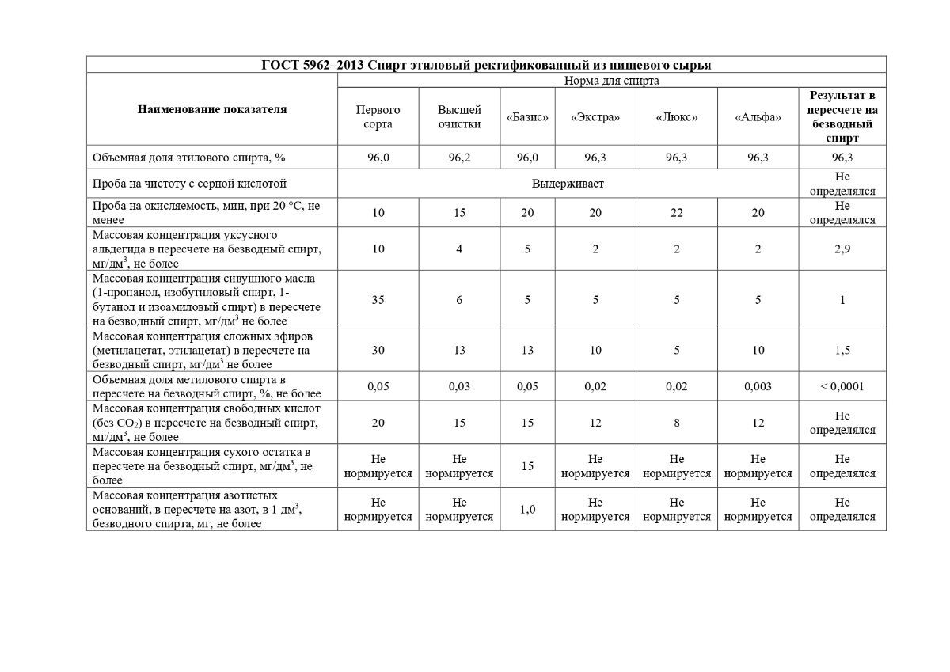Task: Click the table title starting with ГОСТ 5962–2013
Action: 485,65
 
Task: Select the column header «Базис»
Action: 527,117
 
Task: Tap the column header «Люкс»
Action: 677,117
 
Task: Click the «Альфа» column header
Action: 758,117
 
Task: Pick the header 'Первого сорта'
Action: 378,117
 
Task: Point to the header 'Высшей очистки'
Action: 459,117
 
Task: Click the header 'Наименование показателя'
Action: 212,109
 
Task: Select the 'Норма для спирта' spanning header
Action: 611,80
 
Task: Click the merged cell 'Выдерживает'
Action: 568,184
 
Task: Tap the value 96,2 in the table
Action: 459,158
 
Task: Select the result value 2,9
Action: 842,249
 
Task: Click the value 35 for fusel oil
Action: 378,300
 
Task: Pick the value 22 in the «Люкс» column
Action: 677,213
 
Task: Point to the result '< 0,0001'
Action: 842,386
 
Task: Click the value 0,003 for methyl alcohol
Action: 758,386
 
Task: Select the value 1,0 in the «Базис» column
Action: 527,510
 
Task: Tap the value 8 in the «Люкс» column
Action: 677,423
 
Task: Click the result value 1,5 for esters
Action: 842,350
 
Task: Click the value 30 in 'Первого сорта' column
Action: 378,350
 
